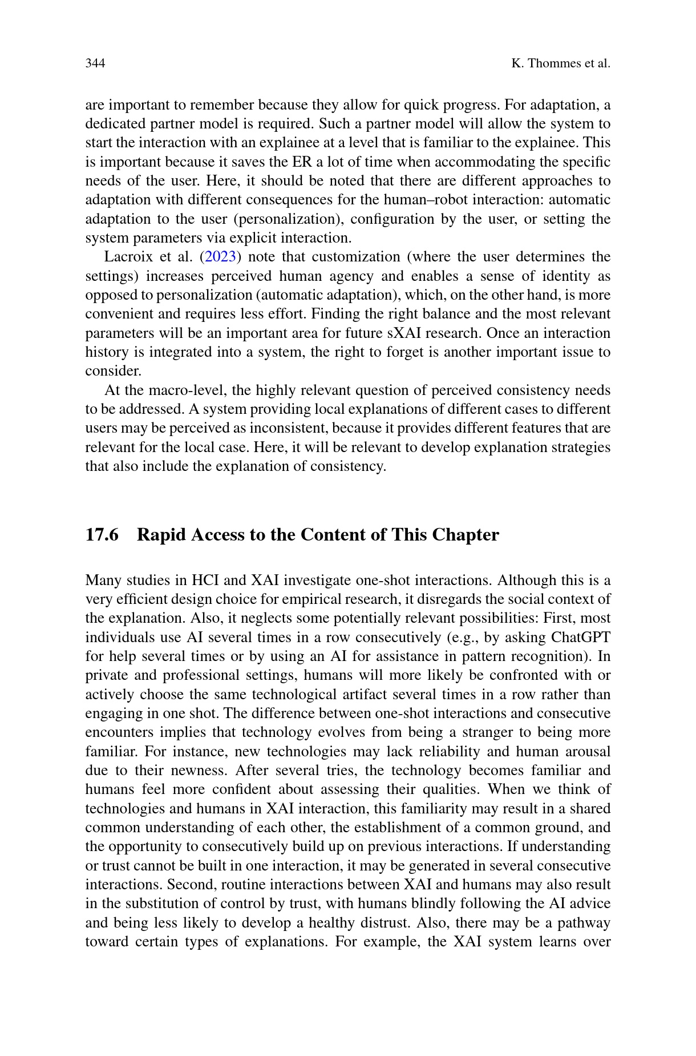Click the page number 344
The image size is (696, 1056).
click(95, 63)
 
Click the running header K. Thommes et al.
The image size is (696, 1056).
click(560, 63)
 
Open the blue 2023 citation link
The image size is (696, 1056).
click(220, 257)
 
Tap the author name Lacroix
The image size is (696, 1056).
click(127, 257)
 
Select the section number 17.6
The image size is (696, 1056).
click(102, 535)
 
